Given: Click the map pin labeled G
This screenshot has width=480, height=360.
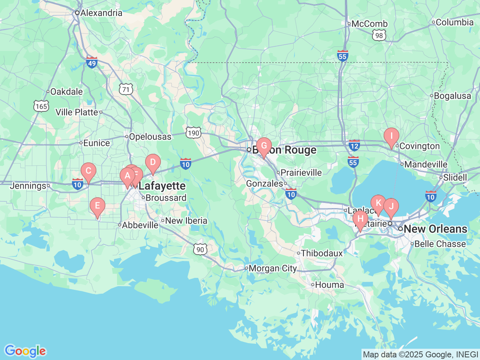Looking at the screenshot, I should coord(264,146).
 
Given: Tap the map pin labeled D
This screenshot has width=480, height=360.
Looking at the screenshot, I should coord(153,163).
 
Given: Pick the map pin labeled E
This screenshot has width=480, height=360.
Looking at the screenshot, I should coord(97,206).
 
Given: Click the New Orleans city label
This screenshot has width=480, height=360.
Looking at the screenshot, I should coord(435,229).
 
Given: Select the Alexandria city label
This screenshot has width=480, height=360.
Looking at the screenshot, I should coord(101,13).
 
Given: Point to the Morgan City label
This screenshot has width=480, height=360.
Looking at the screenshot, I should coord(272,268).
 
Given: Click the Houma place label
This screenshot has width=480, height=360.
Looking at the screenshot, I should coord(329,285).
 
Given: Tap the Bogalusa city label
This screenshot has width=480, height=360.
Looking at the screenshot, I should coord(452,96).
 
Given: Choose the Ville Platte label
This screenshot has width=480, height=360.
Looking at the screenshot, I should coord(77,112).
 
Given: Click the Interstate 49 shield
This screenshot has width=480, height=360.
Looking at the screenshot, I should coord(92,62).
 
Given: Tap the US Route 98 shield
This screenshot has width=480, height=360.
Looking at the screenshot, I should coord(379,36).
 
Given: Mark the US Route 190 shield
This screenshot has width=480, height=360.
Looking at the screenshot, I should coord(193,133).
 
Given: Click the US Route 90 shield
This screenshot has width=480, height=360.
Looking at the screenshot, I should coord(200,249).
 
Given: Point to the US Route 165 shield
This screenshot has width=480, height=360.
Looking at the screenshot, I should coord(41,106).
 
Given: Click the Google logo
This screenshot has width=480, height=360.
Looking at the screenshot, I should coord(25,351).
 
